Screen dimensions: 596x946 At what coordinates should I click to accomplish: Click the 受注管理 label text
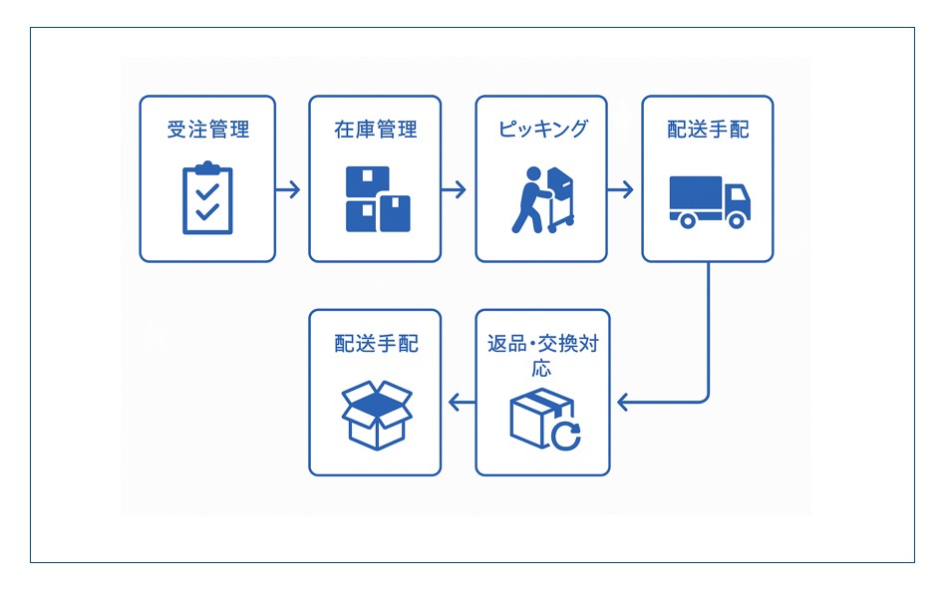[207, 130]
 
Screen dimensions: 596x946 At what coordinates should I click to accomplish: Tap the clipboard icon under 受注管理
[207, 199]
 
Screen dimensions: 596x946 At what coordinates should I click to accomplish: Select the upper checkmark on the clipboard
[207, 189]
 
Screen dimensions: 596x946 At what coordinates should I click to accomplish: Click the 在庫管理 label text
[375, 130]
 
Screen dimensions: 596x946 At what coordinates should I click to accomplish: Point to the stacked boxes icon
[378, 199]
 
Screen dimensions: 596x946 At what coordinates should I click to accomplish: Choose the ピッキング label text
[542, 130]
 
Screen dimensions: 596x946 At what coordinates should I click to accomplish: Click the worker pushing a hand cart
[542, 200]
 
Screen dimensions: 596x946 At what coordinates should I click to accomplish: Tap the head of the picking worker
[530, 174]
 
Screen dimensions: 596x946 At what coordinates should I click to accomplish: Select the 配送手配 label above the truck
[708, 130]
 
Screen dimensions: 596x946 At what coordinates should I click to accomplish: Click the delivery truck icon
[709, 202]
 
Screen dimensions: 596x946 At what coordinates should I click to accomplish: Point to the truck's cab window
[739, 193]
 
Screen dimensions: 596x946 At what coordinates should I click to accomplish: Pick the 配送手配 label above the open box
[376, 344]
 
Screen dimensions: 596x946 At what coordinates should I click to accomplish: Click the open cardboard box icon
[376, 414]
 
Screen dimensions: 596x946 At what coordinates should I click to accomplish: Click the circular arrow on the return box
[566, 436]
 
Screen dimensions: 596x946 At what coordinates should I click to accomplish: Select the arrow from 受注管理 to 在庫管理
[289, 189]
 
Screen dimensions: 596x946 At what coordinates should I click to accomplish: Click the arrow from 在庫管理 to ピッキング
[456, 189]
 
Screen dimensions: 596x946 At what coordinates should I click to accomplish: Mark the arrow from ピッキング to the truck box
[622, 189]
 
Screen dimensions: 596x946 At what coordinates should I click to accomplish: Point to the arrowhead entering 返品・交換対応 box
[624, 403]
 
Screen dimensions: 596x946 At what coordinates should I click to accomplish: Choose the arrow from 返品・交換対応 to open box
[460, 403]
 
